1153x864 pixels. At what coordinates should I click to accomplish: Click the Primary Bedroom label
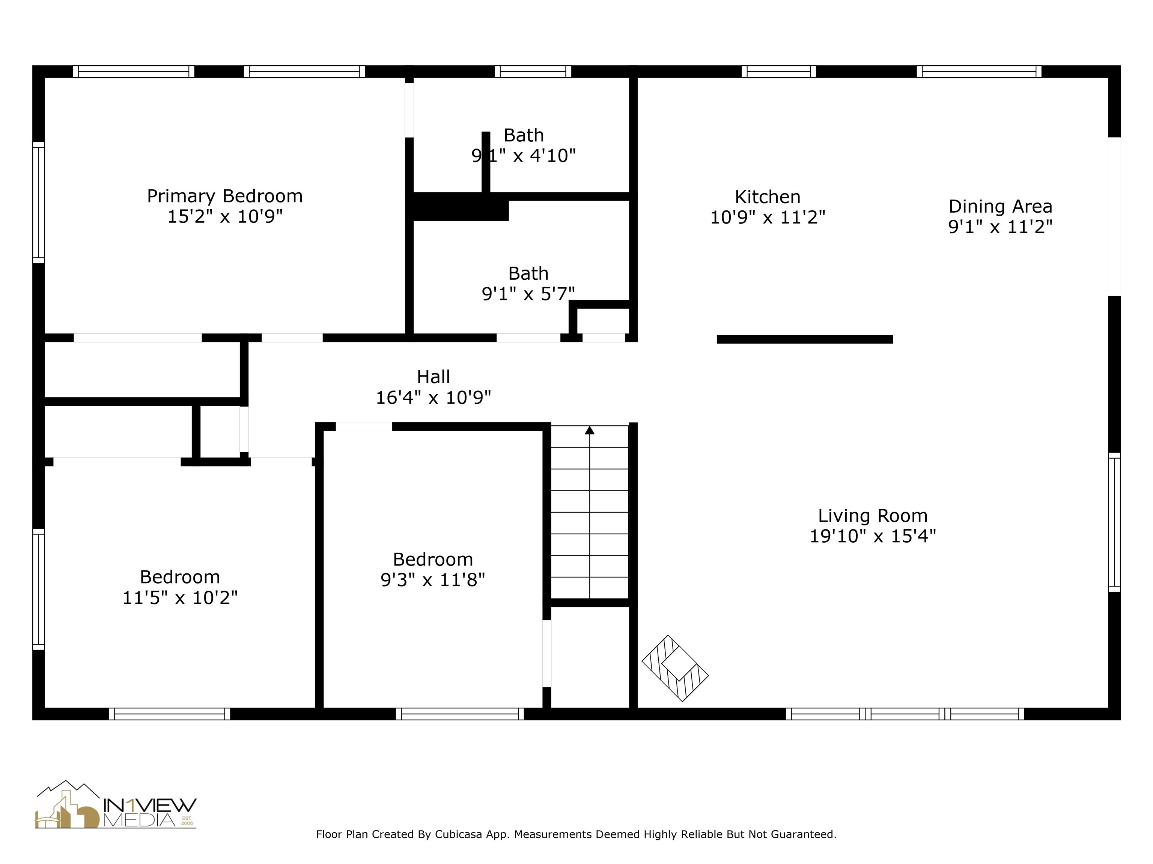point(225,196)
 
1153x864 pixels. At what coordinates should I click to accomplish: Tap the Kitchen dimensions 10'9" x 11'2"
point(767,217)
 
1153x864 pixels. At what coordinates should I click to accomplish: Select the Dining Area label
point(1000,207)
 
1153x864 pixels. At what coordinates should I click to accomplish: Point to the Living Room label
point(873,516)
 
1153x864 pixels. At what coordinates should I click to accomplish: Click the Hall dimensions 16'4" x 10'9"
point(433,398)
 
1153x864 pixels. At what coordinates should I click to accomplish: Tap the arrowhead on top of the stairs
point(590,430)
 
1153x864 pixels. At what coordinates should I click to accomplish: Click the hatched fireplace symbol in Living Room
point(674,668)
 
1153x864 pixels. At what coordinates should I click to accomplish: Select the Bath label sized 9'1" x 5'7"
point(528,273)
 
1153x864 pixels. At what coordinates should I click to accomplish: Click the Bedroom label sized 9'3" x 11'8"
point(433,559)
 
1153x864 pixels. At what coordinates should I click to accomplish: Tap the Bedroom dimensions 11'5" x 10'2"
point(180,597)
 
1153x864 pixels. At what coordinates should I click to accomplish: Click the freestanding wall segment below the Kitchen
point(804,339)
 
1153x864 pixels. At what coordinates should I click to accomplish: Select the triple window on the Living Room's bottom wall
point(905,714)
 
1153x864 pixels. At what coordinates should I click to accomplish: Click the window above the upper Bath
point(533,71)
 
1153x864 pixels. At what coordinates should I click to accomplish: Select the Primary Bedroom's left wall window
point(39,202)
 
